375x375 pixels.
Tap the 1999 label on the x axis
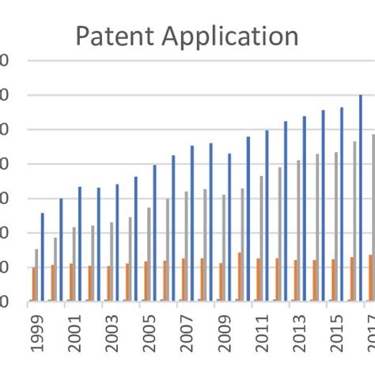(37, 335)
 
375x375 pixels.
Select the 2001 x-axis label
(74, 335)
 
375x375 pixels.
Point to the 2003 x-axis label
(112, 335)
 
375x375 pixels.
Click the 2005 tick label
(150, 335)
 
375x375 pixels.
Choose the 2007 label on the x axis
(187, 335)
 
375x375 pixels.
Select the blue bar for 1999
(43, 257)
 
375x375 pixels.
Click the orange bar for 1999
(34, 285)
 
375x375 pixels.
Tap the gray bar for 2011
(261, 238)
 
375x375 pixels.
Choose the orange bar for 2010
(240, 277)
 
